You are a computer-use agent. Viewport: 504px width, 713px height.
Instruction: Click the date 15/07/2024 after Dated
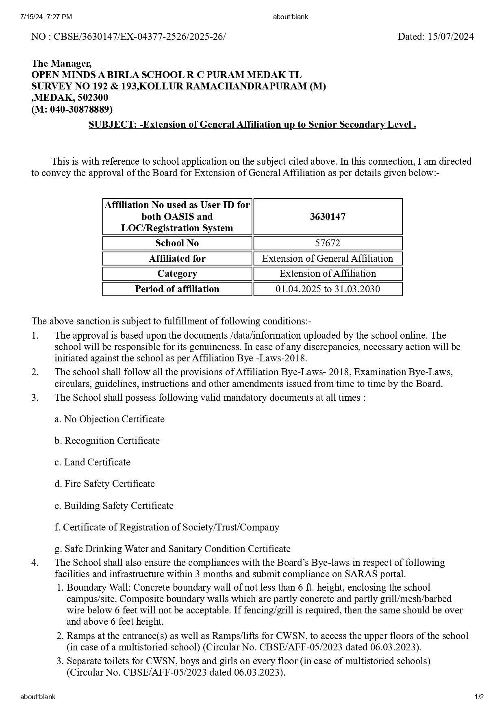coord(450,37)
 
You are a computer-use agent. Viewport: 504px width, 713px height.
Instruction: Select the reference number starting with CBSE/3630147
coord(139,37)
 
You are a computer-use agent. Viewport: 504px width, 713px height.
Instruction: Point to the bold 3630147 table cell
coord(328,216)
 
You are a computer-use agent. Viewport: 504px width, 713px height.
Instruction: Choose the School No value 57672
coord(328,243)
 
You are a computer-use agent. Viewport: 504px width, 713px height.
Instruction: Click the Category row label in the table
coord(177,274)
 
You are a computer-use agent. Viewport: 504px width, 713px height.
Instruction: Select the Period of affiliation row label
coord(177,289)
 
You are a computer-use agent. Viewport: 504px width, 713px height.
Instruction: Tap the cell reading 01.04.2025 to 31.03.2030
coord(328,289)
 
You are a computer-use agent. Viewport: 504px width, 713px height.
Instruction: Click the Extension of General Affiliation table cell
coord(328,259)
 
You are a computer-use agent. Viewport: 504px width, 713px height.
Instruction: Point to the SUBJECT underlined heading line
coord(252,124)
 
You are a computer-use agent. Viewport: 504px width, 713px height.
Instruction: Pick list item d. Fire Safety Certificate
coord(105,484)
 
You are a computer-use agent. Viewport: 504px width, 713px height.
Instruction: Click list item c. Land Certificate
coord(93,462)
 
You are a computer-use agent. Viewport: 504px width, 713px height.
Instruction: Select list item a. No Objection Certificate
coord(110,419)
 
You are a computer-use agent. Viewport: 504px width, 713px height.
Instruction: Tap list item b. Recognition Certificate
coord(107,441)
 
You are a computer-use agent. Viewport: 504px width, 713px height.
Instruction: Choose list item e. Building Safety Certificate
coord(114,506)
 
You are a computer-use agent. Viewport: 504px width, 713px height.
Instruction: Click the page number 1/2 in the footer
coord(479,697)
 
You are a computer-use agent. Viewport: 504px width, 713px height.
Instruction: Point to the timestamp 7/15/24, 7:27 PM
coord(46,17)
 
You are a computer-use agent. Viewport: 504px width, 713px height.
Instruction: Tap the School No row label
coord(177,243)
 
